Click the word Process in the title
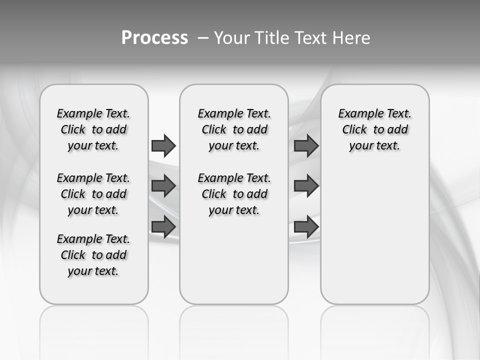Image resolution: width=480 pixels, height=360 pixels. point(154,37)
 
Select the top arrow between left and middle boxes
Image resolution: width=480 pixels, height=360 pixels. point(163,145)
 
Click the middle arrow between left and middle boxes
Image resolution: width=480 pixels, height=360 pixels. point(163,186)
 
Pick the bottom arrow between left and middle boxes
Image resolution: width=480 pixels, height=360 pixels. point(163,226)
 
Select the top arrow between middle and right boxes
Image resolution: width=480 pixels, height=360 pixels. point(306,145)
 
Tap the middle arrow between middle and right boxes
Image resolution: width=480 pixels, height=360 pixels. point(306,186)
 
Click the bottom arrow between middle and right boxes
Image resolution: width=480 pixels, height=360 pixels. point(306,227)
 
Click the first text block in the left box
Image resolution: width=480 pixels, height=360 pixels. point(93,129)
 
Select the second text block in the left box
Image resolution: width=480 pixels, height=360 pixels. point(93,194)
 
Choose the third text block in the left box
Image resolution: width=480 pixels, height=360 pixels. point(93,255)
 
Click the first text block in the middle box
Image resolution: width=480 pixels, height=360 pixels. point(234,129)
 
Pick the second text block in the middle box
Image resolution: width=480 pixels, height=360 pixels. point(234,194)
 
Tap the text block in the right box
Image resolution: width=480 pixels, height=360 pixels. point(374,129)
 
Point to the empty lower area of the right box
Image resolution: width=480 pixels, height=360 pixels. point(374,235)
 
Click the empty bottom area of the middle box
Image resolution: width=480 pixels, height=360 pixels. point(234,265)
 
